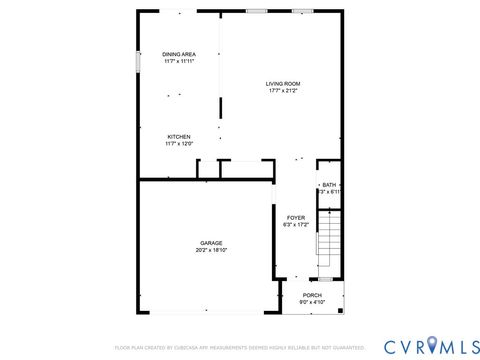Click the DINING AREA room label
click(178, 54)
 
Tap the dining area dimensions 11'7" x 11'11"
click(178, 62)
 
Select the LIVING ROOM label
click(283, 83)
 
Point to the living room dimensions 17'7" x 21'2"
click(283, 91)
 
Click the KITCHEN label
click(178, 137)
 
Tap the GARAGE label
click(211, 242)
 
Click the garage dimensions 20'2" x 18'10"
click(211, 250)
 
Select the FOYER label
click(295, 217)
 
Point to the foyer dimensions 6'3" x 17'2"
click(295, 225)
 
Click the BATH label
click(329, 185)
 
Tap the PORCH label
click(313, 296)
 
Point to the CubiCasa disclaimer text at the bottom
click(240, 348)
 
